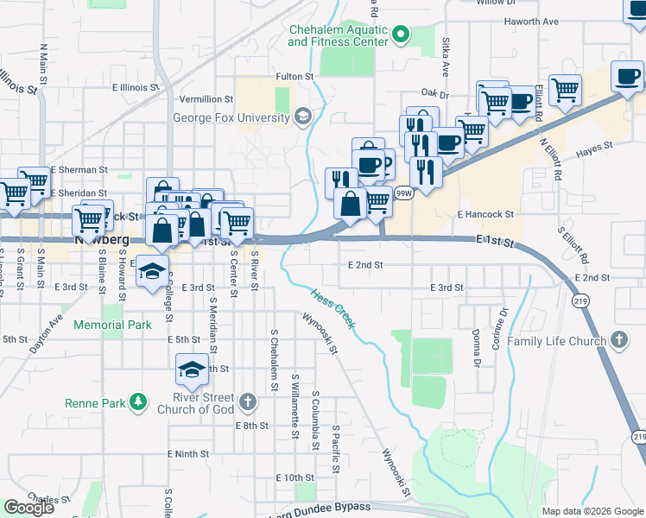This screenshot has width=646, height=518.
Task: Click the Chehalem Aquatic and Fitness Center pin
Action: tap(400, 35)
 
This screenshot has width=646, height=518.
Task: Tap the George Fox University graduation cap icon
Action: tap(302, 116)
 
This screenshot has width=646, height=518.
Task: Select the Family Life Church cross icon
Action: tap(619, 340)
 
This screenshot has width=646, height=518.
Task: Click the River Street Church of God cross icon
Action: tap(248, 401)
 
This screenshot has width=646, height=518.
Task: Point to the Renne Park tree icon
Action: tap(136, 402)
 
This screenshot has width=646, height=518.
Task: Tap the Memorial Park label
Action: tap(112, 325)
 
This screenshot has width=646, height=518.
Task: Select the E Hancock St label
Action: tap(485, 214)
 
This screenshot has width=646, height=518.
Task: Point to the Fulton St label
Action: tap(294, 77)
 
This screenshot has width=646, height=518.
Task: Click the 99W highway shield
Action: tap(403, 194)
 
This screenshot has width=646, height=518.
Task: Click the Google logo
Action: tap(28, 507)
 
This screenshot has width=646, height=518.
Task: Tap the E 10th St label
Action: tap(294, 477)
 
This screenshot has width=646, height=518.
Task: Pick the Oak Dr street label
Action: tap(435, 93)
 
